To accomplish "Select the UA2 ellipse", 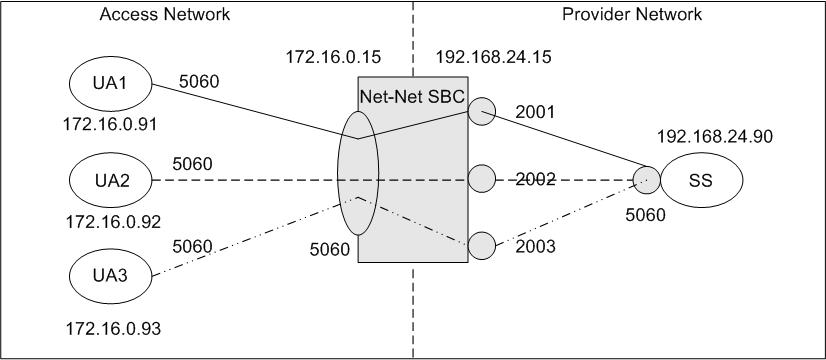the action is [x=109, y=181].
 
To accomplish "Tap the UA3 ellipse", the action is [x=109, y=276].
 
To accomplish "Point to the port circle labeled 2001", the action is [x=481, y=111].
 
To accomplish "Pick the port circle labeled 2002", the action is [x=481, y=181].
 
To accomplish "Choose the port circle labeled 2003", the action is [x=481, y=245].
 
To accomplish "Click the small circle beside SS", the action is [x=646, y=181].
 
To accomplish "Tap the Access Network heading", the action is [x=165, y=14].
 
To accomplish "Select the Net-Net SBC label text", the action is [x=410, y=95].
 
